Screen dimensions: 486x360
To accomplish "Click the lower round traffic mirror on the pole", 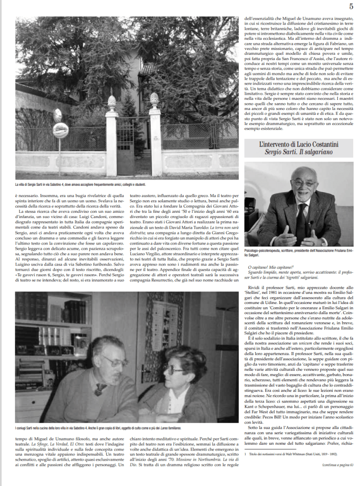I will point(61,131).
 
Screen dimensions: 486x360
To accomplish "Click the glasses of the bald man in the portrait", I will point(303,182).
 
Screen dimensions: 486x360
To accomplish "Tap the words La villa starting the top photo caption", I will point(22,184).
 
